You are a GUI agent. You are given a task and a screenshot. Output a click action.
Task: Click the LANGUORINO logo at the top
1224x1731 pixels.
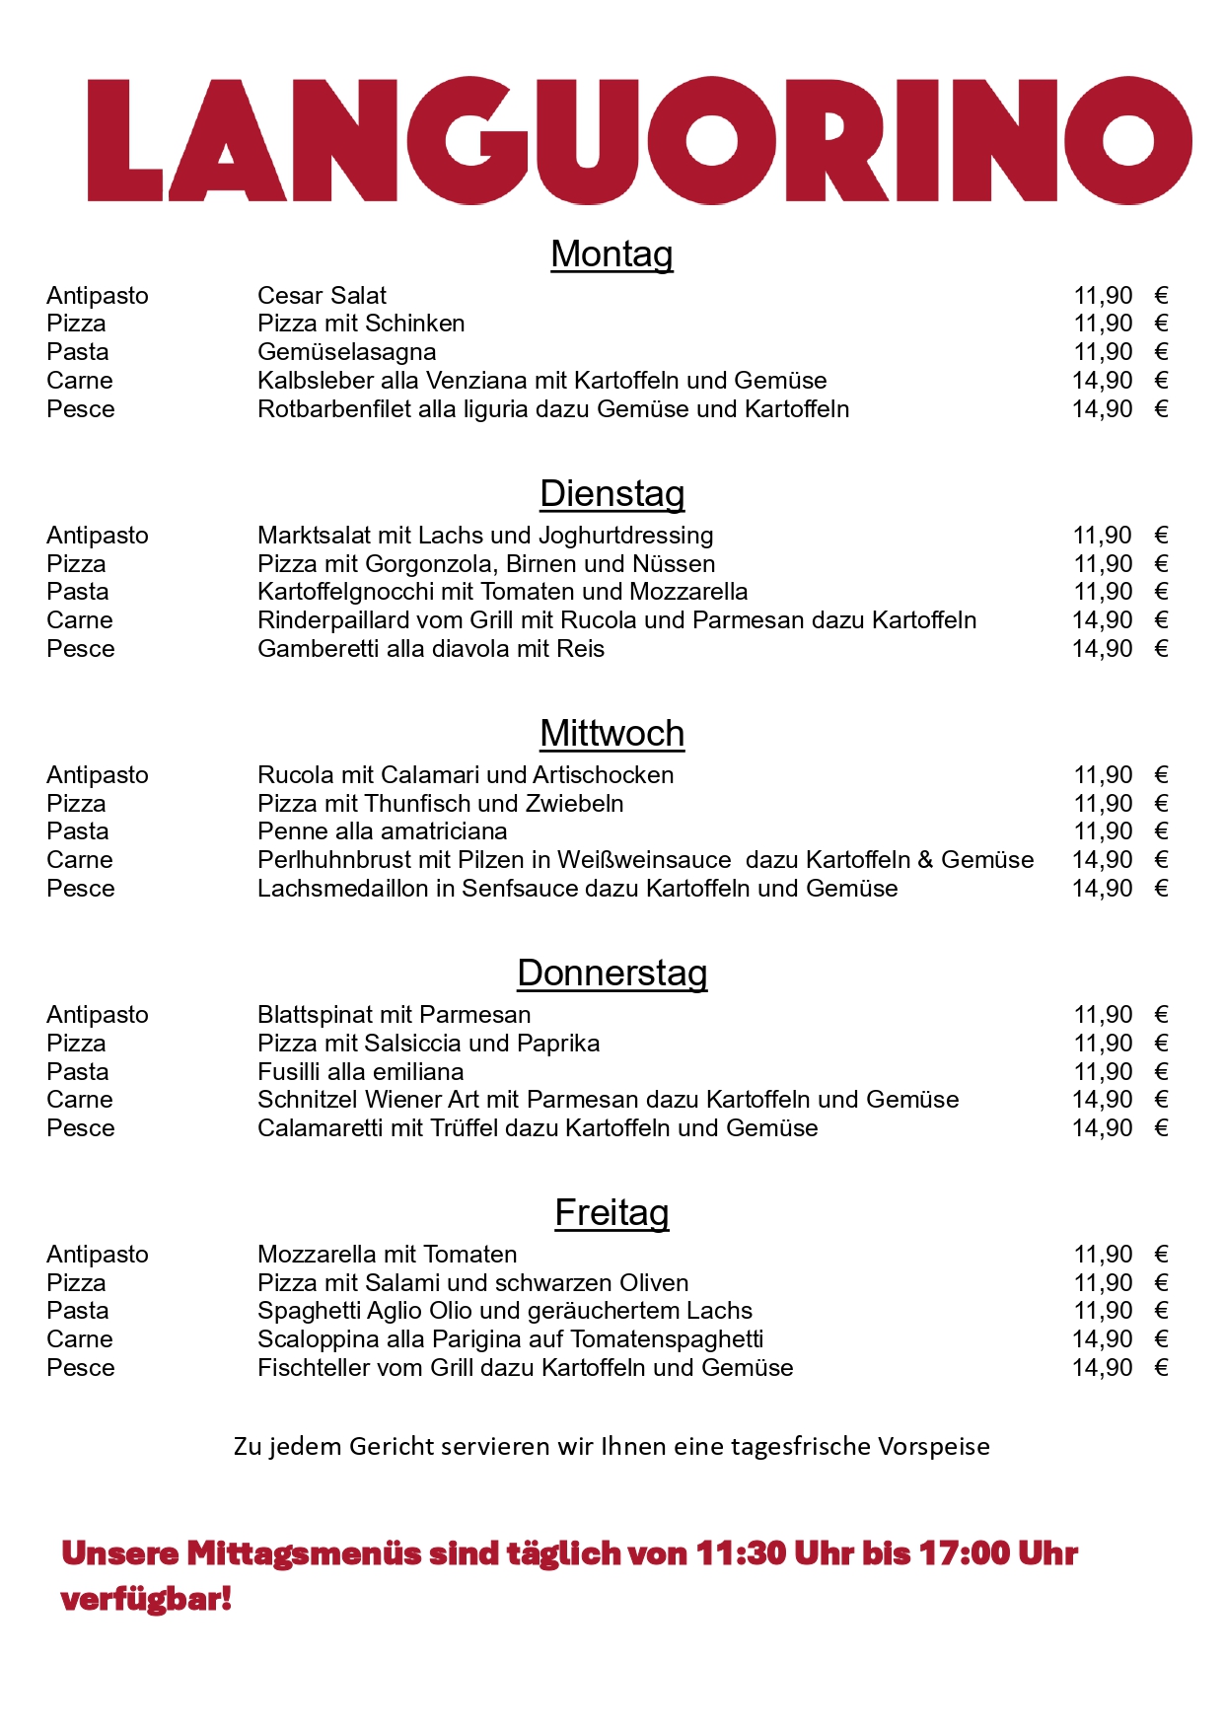639,140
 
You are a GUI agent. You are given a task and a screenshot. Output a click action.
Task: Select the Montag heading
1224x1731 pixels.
612,254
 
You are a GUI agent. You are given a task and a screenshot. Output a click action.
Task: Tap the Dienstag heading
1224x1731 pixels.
612,494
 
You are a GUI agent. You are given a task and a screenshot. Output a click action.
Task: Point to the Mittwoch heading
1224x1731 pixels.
612,734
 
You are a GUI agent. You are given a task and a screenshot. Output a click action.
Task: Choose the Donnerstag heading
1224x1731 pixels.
612,974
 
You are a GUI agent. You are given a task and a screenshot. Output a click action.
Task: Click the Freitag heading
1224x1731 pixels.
612,1213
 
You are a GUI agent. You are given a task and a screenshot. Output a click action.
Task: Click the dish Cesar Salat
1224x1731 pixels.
322,296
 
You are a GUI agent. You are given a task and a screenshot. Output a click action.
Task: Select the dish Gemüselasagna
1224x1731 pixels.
346,352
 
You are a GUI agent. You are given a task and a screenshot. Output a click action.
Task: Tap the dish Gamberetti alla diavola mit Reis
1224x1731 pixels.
430,649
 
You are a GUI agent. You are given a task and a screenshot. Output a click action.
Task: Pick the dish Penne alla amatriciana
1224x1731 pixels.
382,831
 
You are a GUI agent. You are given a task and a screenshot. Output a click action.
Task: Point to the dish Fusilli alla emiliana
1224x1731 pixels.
360,1072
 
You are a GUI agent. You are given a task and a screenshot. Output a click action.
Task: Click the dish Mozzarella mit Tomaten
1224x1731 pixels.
387,1255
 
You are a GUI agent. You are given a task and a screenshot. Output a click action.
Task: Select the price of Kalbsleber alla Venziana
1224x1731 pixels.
1118,381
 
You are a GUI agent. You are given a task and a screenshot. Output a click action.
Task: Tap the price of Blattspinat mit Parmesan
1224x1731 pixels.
1118,1015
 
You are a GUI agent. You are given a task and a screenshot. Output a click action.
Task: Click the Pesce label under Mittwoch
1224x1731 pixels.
80,889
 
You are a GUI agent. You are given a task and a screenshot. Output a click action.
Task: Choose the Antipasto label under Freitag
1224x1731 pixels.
97,1255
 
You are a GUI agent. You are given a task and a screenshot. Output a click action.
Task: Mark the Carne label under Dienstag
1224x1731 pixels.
79,620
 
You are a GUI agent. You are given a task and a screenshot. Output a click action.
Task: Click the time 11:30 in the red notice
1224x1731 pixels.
741,1553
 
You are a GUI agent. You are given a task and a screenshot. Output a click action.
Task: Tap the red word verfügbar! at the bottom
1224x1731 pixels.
146,1599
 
